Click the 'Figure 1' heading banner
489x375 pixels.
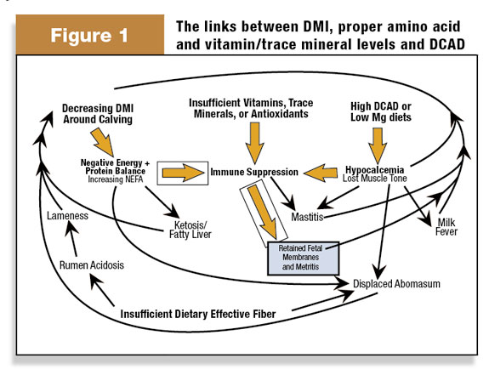pyautogui.click(x=90, y=35)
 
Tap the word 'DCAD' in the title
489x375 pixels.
pyautogui.click(x=446, y=44)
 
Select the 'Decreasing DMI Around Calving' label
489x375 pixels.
pyautogui.click(x=98, y=114)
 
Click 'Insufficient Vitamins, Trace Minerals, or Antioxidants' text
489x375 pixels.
pyautogui.click(x=251, y=108)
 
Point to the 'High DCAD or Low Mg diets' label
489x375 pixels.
pyautogui.click(x=381, y=111)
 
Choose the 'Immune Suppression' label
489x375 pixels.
pyautogui.click(x=254, y=172)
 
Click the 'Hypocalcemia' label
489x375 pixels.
pyautogui.click(x=374, y=170)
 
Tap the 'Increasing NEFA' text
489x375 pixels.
pyautogui.click(x=116, y=179)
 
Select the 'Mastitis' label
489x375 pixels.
pyautogui.click(x=307, y=217)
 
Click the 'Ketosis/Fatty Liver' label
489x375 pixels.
pyautogui.click(x=190, y=230)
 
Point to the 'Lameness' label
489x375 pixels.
pyautogui.click(x=67, y=216)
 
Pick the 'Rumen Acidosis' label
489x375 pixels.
pyautogui.click(x=92, y=265)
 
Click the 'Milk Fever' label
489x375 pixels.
pyautogui.click(x=446, y=227)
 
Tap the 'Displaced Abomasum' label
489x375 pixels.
pyautogui.click(x=396, y=284)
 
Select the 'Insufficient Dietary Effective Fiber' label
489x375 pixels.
pyautogui.click(x=198, y=314)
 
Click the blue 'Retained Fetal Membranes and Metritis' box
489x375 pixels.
pyautogui.click(x=303, y=259)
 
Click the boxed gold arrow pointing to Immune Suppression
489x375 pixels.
pyautogui.click(x=184, y=173)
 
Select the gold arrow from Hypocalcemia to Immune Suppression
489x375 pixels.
pyautogui.click(x=321, y=173)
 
